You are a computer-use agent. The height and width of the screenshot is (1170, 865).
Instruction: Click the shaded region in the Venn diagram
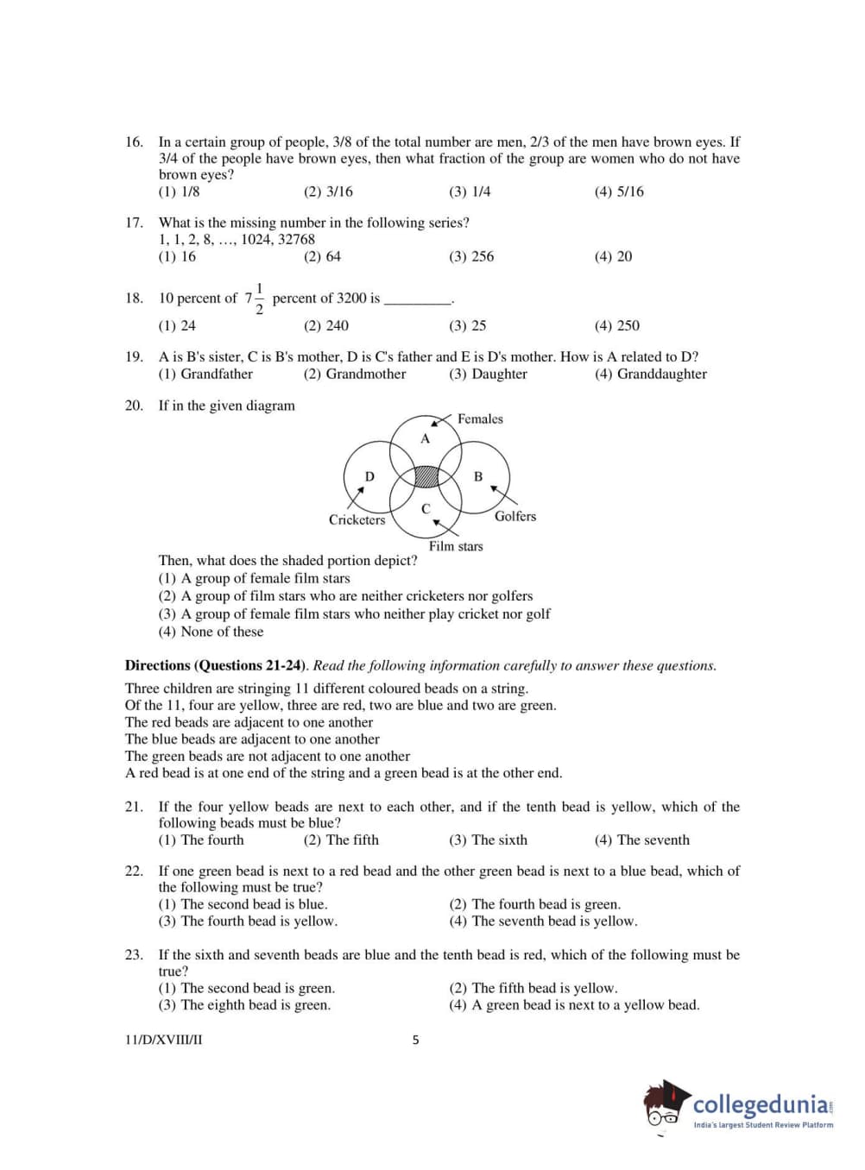(x=426, y=477)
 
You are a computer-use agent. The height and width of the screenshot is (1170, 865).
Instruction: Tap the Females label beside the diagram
(x=480, y=419)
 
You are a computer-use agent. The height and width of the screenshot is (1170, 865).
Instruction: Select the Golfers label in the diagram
(x=515, y=516)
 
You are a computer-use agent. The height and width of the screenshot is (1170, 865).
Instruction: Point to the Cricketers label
(x=357, y=519)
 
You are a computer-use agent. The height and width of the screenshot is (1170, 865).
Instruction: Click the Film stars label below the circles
(x=456, y=546)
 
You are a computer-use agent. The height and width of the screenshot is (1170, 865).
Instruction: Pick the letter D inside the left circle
(x=369, y=476)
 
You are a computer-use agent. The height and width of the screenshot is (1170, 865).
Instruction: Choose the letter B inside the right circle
(x=478, y=476)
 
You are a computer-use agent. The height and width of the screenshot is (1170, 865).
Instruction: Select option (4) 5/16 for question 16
(x=619, y=192)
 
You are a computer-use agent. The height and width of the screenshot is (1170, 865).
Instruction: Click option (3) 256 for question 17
(x=471, y=256)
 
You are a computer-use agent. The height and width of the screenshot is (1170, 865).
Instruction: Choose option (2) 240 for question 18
(x=326, y=325)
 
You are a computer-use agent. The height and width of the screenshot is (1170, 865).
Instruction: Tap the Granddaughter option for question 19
(x=651, y=374)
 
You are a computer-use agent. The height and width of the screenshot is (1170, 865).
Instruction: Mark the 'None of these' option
(x=212, y=632)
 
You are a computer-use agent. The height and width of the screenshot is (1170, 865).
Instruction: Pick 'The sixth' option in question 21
(x=489, y=840)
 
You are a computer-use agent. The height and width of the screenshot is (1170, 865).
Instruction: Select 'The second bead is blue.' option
(x=243, y=904)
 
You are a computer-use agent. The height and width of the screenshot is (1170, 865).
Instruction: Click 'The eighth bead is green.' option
(x=245, y=1004)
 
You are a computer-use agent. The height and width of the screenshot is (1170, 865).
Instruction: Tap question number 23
(x=134, y=954)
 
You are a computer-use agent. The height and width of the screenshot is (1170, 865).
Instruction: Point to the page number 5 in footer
(x=415, y=1040)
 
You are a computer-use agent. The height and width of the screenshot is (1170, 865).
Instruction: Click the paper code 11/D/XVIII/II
(x=164, y=1040)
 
